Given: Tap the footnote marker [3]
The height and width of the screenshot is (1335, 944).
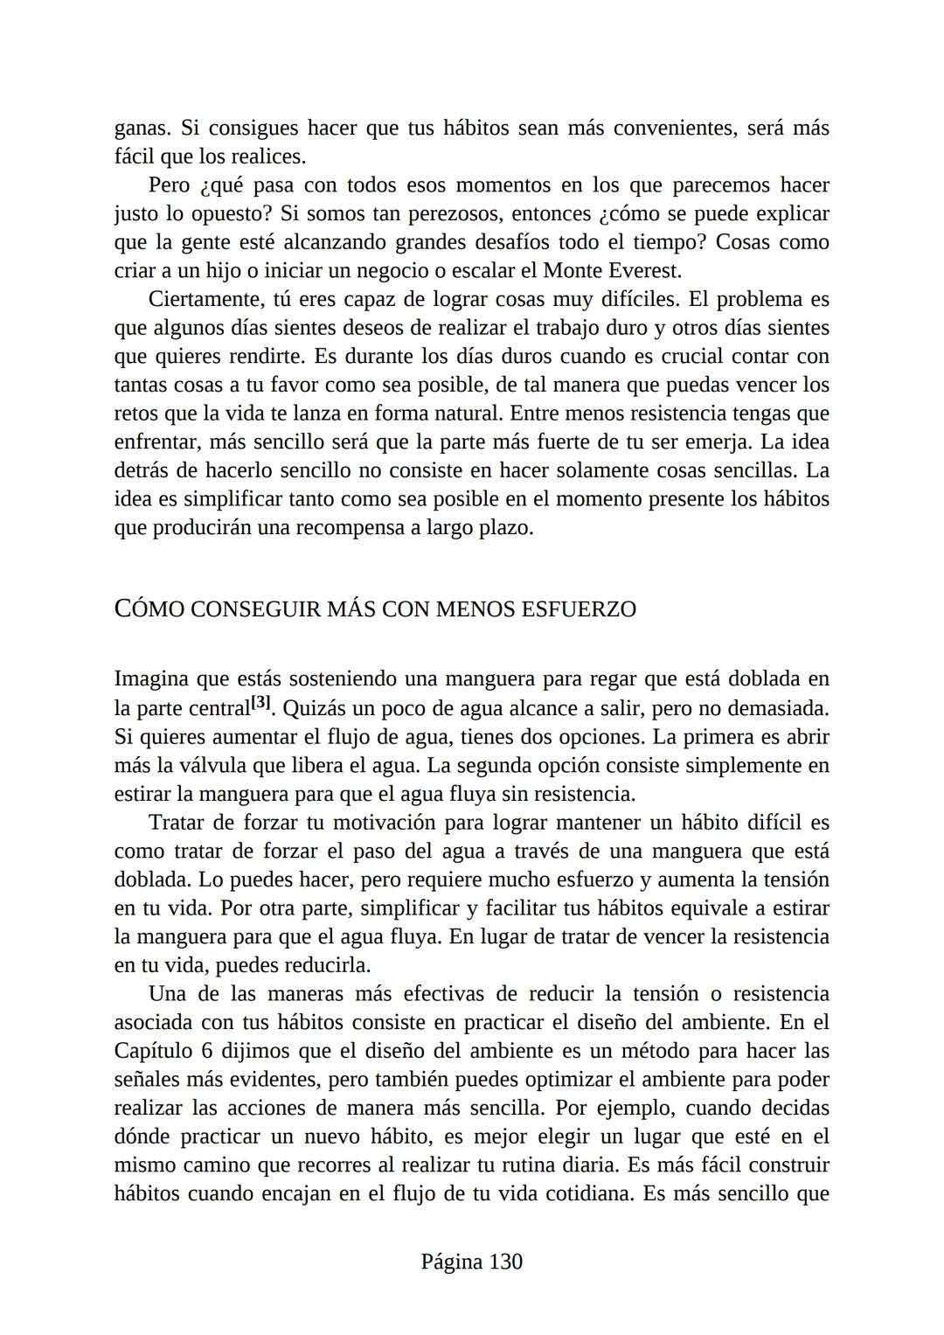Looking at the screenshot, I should click(x=261, y=703).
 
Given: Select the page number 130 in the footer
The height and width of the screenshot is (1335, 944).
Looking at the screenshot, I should click(x=505, y=1262).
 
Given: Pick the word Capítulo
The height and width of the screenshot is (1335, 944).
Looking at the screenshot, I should click(x=149, y=1050).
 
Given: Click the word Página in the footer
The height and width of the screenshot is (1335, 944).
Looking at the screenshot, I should click(x=451, y=1262).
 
